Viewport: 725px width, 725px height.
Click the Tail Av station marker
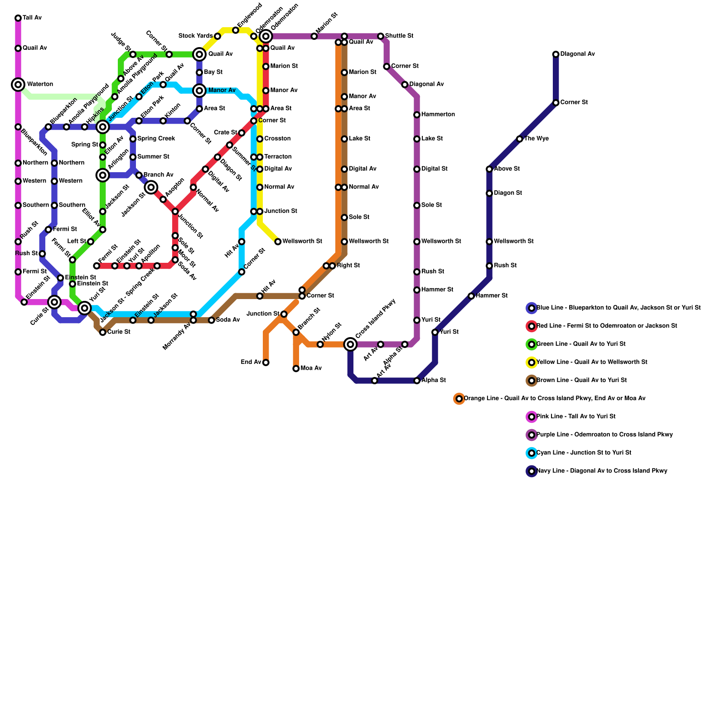click(18, 18)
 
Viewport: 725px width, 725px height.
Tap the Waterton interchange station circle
click(18, 84)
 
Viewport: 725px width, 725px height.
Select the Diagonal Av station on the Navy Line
click(556, 54)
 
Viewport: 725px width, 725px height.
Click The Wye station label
click(536, 139)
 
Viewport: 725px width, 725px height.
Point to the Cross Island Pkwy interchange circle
click(350, 344)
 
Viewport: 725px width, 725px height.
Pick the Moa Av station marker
click(296, 368)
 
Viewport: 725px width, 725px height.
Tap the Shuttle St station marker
click(381, 36)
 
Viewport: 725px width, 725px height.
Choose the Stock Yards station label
click(195, 36)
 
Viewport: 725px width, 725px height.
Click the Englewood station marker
click(236, 30)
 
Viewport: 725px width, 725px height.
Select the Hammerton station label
click(438, 115)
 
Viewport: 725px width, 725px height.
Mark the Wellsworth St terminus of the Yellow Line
click(278, 242)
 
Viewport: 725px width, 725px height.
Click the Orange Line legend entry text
click(555, 399)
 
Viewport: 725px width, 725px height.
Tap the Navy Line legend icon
click(532, 471)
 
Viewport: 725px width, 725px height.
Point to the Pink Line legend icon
click(532, 417)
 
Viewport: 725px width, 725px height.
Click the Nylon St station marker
click(320, 344)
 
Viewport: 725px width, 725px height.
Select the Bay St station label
click(213, 72)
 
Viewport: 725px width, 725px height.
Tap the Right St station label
click(348, 266)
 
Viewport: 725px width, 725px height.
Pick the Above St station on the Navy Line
click(489, 169)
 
